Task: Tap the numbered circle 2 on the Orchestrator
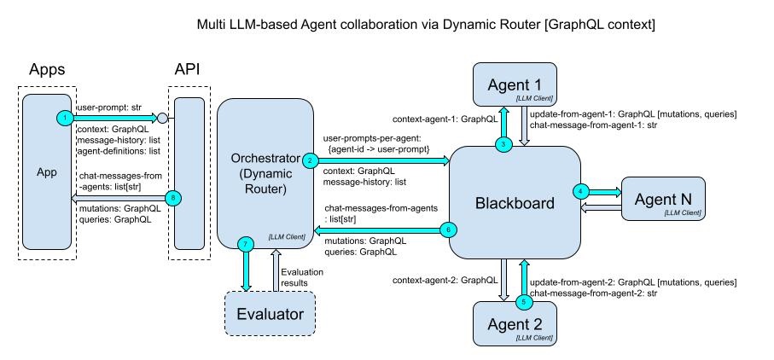click(x=310, y=160)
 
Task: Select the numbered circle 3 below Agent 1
click(x=505, y=143)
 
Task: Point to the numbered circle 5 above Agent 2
click(x=524, y=300)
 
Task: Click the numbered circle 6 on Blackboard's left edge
click(x=449, y=229)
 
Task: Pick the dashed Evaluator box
click(x=270, y=314)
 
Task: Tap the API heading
click(x=188, y=69)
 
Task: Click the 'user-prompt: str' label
click(x=109, y=107)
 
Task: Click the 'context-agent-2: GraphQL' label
click(x=445, y=280)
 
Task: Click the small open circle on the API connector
click(x=162, y=117)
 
